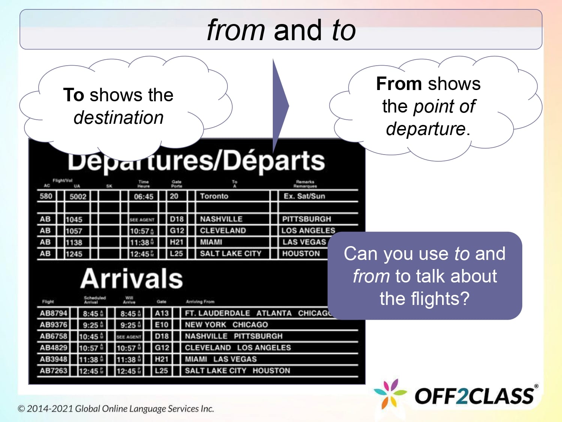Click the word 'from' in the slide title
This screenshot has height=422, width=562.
236,30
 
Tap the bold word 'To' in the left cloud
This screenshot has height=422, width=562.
73,95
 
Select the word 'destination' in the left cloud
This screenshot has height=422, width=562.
118,117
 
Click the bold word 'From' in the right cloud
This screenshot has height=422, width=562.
399,84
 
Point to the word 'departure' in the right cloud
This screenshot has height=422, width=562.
426,129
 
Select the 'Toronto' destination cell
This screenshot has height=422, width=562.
214,196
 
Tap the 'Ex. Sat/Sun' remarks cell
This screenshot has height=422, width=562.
304,196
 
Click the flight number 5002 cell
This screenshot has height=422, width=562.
78,196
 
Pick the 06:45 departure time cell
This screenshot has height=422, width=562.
143,196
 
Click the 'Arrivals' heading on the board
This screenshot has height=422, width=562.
132,278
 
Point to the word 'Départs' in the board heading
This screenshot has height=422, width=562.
275,161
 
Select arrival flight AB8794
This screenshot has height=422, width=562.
54,313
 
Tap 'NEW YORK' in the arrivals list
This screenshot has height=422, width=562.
205,325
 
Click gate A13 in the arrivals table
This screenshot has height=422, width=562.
162,313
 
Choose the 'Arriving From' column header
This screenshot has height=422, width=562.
200,301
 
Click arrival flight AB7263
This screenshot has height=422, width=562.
54,371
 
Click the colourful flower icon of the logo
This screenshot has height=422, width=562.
390,393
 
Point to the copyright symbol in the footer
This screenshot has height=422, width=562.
21,409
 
